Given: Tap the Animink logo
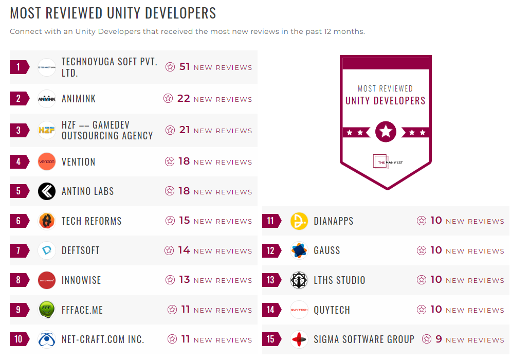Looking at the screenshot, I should [47, 99].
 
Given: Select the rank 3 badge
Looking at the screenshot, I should [19, 130].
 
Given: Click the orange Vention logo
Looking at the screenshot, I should [47, 161].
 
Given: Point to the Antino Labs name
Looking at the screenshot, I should [87, 191].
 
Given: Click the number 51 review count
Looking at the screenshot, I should [185, 67].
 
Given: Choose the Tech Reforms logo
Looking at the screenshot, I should [47, 221].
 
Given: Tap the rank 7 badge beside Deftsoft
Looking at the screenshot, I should [19, 250].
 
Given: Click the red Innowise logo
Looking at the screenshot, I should [47, 280].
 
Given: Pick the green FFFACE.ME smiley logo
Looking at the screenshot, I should [47, 310].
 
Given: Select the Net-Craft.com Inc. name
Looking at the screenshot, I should [103, 339].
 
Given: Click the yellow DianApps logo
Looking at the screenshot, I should [299, 221].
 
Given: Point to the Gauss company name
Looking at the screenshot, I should [327, 250].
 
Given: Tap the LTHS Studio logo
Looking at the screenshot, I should [299, 280].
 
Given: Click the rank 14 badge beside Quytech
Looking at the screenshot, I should [271, 310].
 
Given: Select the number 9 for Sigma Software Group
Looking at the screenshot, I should [439, 339].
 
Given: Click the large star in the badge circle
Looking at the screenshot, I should [386, 132].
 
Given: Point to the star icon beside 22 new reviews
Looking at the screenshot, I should [168, 99].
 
